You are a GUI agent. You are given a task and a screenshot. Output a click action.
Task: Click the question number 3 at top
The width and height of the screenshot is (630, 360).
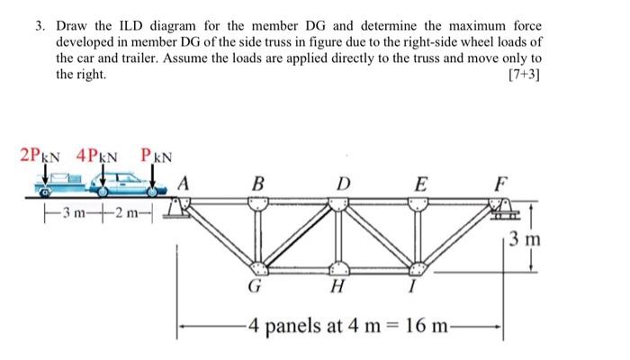tap(40, 24)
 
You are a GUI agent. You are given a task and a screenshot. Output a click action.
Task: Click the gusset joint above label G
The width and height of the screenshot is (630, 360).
tap(259, 267)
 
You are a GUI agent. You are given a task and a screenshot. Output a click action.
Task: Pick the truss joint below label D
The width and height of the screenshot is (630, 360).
tap(338, 202)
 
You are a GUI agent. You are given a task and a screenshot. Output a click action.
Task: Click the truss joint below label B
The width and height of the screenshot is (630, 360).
tap(259, 202)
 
